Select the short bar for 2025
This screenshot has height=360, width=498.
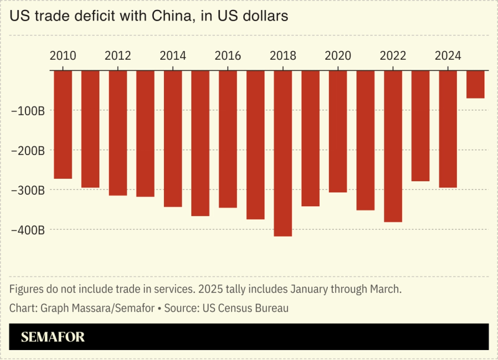point(476,84)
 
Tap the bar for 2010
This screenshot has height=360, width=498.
point(63,124)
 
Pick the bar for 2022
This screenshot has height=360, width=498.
point(393,146)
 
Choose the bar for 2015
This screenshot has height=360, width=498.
point(200,143)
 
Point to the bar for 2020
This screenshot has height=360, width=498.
point(338,131)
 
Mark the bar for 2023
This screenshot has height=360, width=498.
point(420,125)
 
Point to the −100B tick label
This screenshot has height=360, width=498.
point(28,111)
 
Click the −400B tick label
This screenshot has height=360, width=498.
point(28,230)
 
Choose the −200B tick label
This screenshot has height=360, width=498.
point(28,151)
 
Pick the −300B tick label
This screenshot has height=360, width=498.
point(28,190)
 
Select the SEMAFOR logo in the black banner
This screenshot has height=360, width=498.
point(52,337)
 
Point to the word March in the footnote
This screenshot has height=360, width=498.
point(385,290)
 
